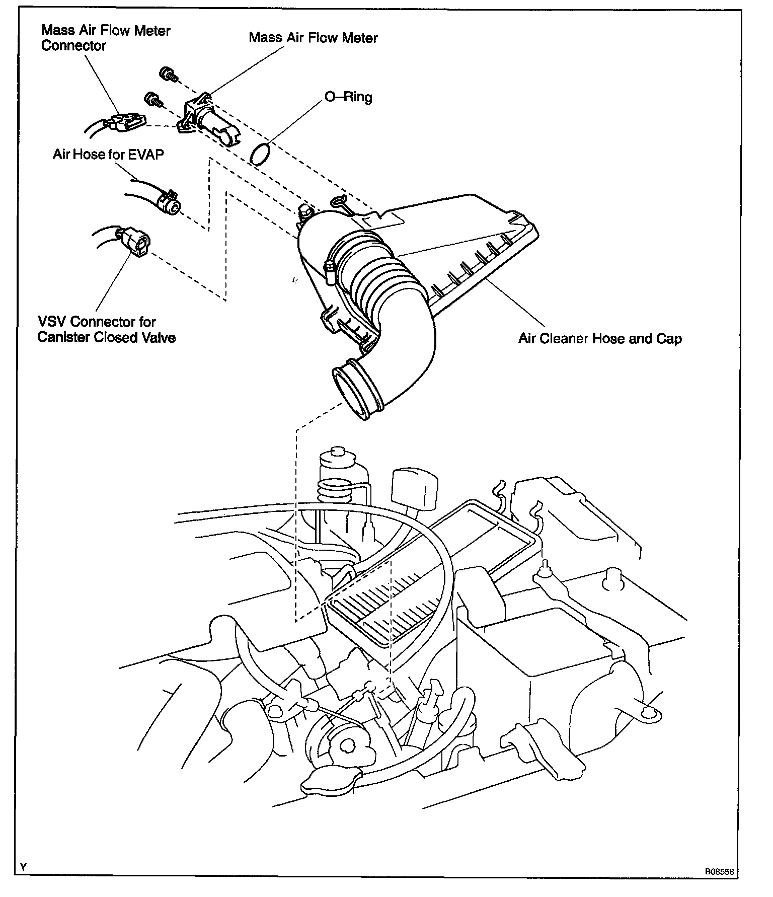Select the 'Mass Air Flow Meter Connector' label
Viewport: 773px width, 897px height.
point(106,38)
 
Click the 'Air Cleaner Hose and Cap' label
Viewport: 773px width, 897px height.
point(600,338)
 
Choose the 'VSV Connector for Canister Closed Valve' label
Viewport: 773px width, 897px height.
point(106,329)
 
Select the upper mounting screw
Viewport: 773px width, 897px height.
point(168,74)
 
